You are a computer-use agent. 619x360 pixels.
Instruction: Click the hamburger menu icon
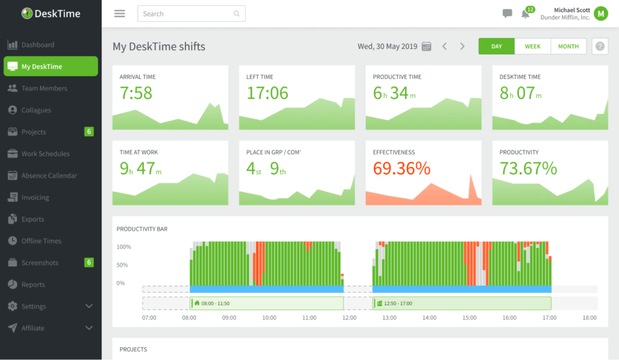pyautogui.click(x=120, y=14)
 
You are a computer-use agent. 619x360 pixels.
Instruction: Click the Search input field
pyautogui.click(x=191, y=14)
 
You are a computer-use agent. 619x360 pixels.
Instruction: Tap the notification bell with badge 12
pyautogui.click(x=525, y=14)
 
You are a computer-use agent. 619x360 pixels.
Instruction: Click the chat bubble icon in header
pyautogui.click(x=507, y=14)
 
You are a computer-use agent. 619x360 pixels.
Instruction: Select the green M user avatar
pyautogui.click(x=600, y=13)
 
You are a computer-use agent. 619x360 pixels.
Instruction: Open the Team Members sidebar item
pyautogui.click(x=44, y=88)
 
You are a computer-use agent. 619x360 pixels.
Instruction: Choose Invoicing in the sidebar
pyautogui.click(x=35, y=198)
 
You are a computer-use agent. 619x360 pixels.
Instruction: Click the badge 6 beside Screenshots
pyautogui.click(x=89, y=263)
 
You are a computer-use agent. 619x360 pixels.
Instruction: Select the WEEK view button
pyautogui.click(x=533, y=47)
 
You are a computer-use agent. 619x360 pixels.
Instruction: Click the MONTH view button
pyautogui.click(x=568, y=47)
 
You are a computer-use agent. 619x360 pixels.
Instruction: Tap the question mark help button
pyautogui.click(x=600, y=47)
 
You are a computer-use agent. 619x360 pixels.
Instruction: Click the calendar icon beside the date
pyautogui.click(x=426, y=47)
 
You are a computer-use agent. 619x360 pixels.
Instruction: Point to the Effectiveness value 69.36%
pyautogui.click(x=401, y=169)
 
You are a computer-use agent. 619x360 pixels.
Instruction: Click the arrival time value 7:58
pyautogui.click(x=136, y=93)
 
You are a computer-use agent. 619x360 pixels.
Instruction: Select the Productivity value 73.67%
pyautogui.click(x=528, y=169)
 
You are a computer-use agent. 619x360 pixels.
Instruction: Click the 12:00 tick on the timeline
pyautogui.click(x=349, y=318)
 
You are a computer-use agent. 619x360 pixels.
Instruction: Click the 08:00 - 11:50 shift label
pyautogui.click(x=215, y=303)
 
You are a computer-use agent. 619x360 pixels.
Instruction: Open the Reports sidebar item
pyautogui.click(x=33, y=284)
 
